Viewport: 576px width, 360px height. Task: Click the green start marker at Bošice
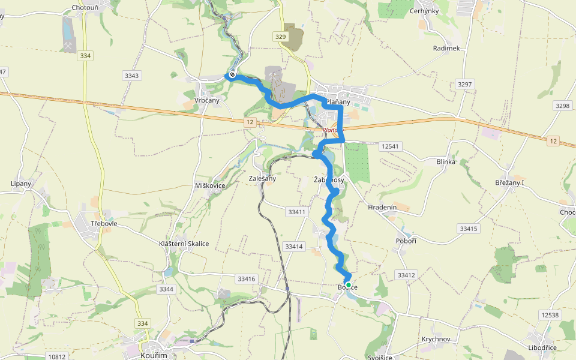pyautogui.click(x=348, y=284)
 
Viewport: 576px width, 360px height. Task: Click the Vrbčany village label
pyautogui.click(x=207, y=100)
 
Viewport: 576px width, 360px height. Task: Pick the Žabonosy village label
pyautogui.click(x=329, y=180)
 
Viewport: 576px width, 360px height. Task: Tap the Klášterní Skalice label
pyautogui.click(x=184, y=244)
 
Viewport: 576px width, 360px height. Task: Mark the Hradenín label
pyautogui.click(x=382, y=207)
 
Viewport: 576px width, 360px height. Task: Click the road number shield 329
pyautogui.click(x=280, y=37)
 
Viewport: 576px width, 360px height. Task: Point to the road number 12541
pyautogui.click(x=389, y=146)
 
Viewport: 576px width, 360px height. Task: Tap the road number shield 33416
pyautogui.click(x=246, y=279)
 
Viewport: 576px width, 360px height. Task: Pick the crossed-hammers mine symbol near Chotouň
pyautogui.click(x=70, y=46)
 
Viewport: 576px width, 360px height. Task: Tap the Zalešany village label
pyautogui.click(x=262, y=178)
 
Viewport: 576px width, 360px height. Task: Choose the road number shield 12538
pyautogui.click(x=549, y=315)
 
